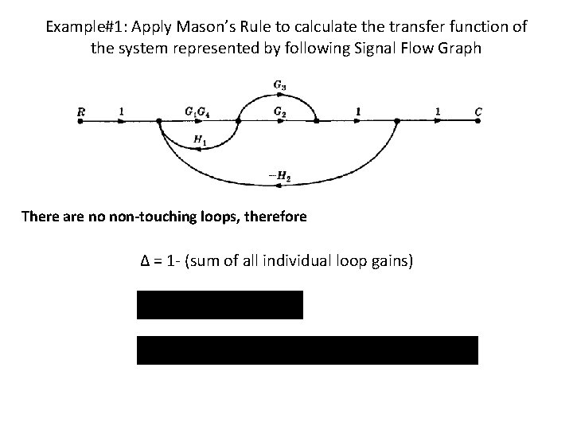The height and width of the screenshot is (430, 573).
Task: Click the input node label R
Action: click(80, 112)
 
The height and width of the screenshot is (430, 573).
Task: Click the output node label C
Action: click(478, 112)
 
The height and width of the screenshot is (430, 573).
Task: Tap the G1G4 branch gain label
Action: click(198, 112)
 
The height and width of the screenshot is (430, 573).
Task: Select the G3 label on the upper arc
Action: click(280, 84)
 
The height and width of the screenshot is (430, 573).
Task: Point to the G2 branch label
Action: click(280, 112)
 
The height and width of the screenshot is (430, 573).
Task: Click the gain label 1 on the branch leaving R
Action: click(120, 111)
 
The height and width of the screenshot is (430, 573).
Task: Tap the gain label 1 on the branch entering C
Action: click(438, 111)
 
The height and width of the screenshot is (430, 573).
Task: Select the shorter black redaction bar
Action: click(220, 305)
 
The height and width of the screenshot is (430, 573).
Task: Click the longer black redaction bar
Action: click(307, 350)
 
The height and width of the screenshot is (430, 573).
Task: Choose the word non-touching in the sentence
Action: click(181, 216)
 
